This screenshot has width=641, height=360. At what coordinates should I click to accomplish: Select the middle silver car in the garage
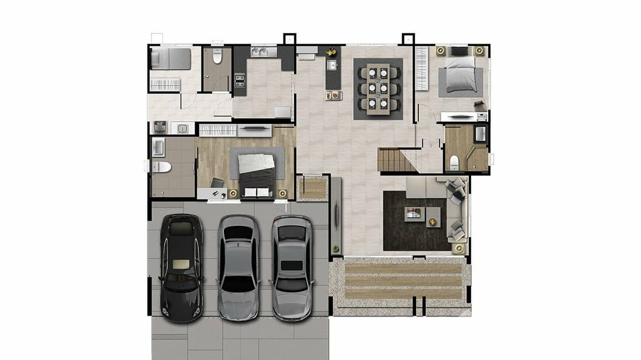(x=238, y=267)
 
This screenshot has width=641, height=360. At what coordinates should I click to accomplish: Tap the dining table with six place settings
(x=378, y=89)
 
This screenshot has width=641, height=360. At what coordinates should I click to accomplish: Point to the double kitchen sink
(x=263, y=52)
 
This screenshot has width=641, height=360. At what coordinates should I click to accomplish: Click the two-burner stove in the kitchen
(x=240, y=80)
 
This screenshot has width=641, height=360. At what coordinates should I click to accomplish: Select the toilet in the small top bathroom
(x=217, y=56)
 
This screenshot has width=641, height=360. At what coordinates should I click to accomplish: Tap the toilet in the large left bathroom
(x=161, y=167)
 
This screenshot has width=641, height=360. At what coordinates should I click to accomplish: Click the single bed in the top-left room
(x=171, y=59)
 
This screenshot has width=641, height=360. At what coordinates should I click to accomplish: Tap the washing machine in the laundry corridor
(x=160, y=127)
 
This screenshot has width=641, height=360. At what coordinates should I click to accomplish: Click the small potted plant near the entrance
(x=336, y=248)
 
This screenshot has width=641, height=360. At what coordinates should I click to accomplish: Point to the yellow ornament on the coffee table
(x=432, y=222)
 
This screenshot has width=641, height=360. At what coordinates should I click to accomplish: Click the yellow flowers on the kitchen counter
(x=331, y=51)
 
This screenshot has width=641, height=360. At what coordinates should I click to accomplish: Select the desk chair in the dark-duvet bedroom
(x=217, y=182)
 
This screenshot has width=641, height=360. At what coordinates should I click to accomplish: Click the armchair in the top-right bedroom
(x=480, y=106)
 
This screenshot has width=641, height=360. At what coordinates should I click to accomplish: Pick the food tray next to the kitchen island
(x=333, y=96)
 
